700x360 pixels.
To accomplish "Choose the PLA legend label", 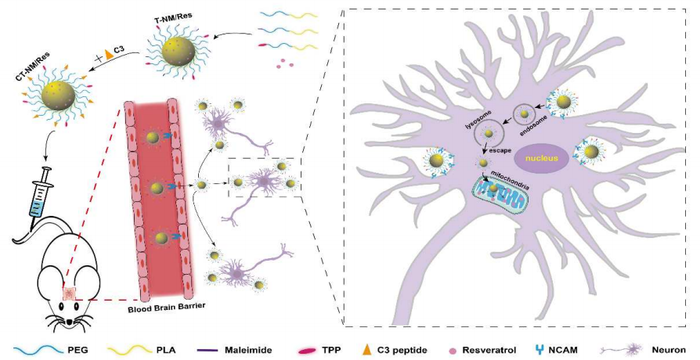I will (x=161, y=349).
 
